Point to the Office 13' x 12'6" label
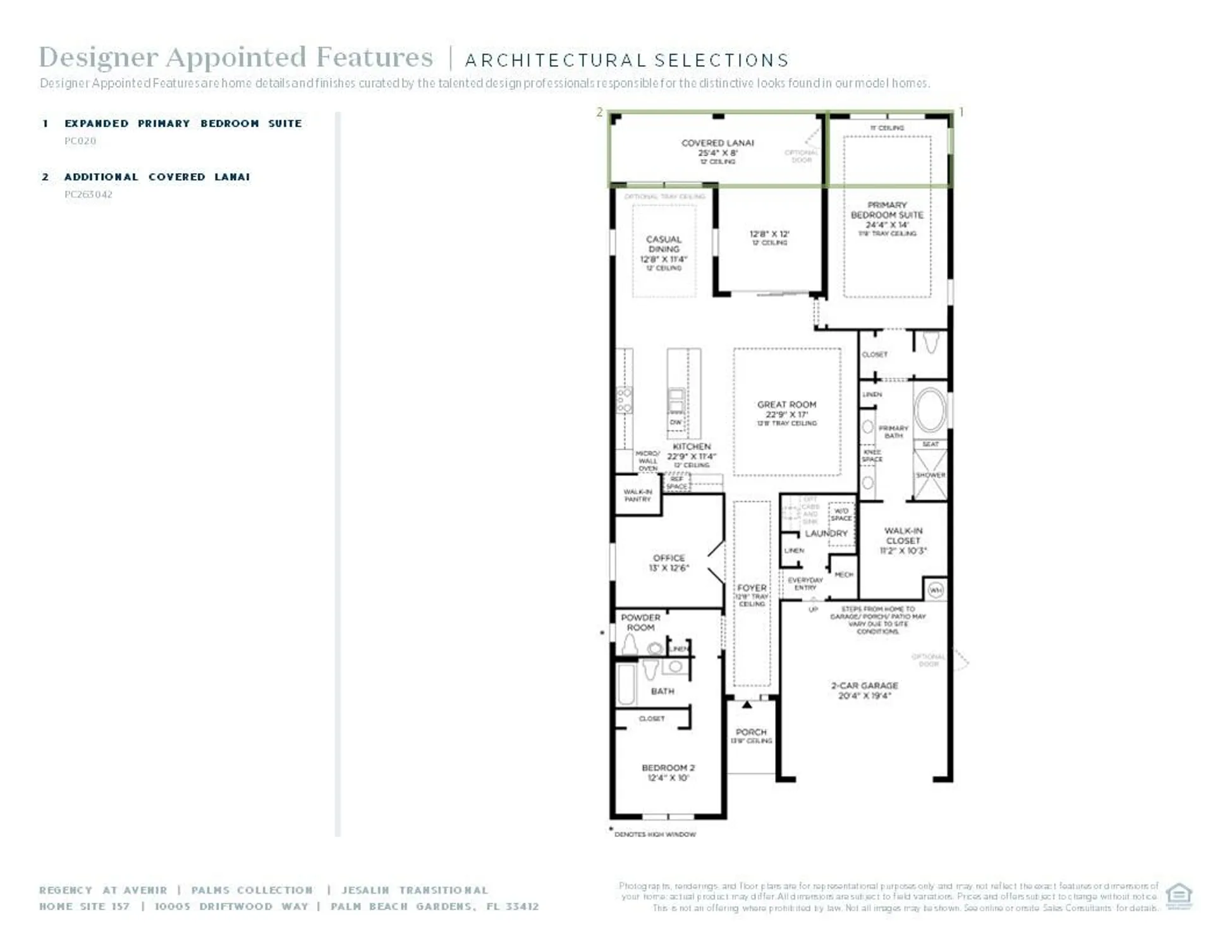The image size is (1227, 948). coord(668,562)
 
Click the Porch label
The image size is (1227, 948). coord(750,732)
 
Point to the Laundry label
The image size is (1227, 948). coord(826,533)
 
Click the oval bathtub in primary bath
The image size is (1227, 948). coord(929,410)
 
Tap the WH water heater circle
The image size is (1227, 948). coord(936,590)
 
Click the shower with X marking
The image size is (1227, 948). coord(931,475)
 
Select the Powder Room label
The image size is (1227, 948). coord(640,623)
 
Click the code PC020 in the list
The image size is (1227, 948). coord(80,141)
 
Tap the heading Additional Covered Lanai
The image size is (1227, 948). coord(157,177)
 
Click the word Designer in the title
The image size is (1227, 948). coord(98,57)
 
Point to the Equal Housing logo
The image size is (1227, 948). coord(1178,895)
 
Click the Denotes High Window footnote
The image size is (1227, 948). coord(654,834)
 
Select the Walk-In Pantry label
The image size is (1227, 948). coord(637,495)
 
